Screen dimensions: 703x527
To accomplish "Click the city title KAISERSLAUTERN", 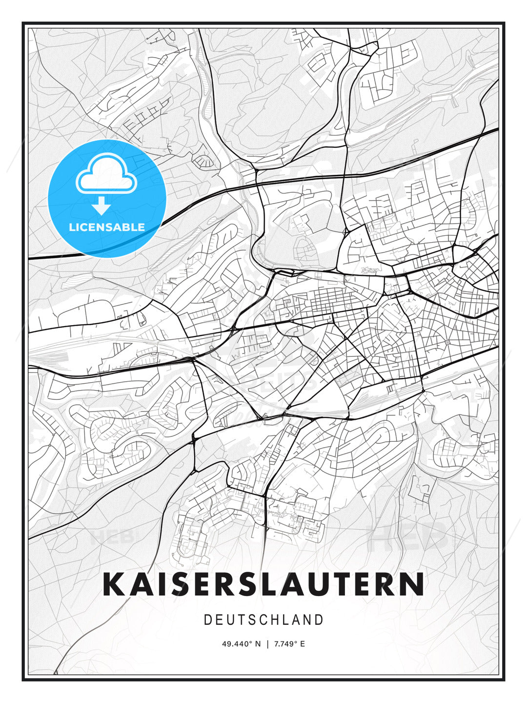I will coord(263,584).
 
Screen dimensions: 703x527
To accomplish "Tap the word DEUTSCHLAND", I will coord(263,620).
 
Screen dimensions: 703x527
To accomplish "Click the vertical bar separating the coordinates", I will coord(267,644).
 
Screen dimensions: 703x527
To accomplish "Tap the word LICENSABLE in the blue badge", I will coord(107,227).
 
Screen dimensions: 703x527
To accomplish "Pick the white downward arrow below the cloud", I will coord(101,206).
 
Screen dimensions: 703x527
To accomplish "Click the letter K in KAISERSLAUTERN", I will coord(114,584).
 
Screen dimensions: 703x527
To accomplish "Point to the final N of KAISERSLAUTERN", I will coord(412,584).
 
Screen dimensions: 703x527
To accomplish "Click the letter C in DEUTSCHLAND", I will coord(263,620).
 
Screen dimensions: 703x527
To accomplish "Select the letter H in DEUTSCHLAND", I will coord(274,620).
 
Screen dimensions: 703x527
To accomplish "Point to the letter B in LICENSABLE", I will coord(126,227).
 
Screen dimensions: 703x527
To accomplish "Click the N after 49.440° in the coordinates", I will coord(258,644).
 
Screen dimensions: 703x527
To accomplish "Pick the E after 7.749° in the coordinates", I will coord(303,644).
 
